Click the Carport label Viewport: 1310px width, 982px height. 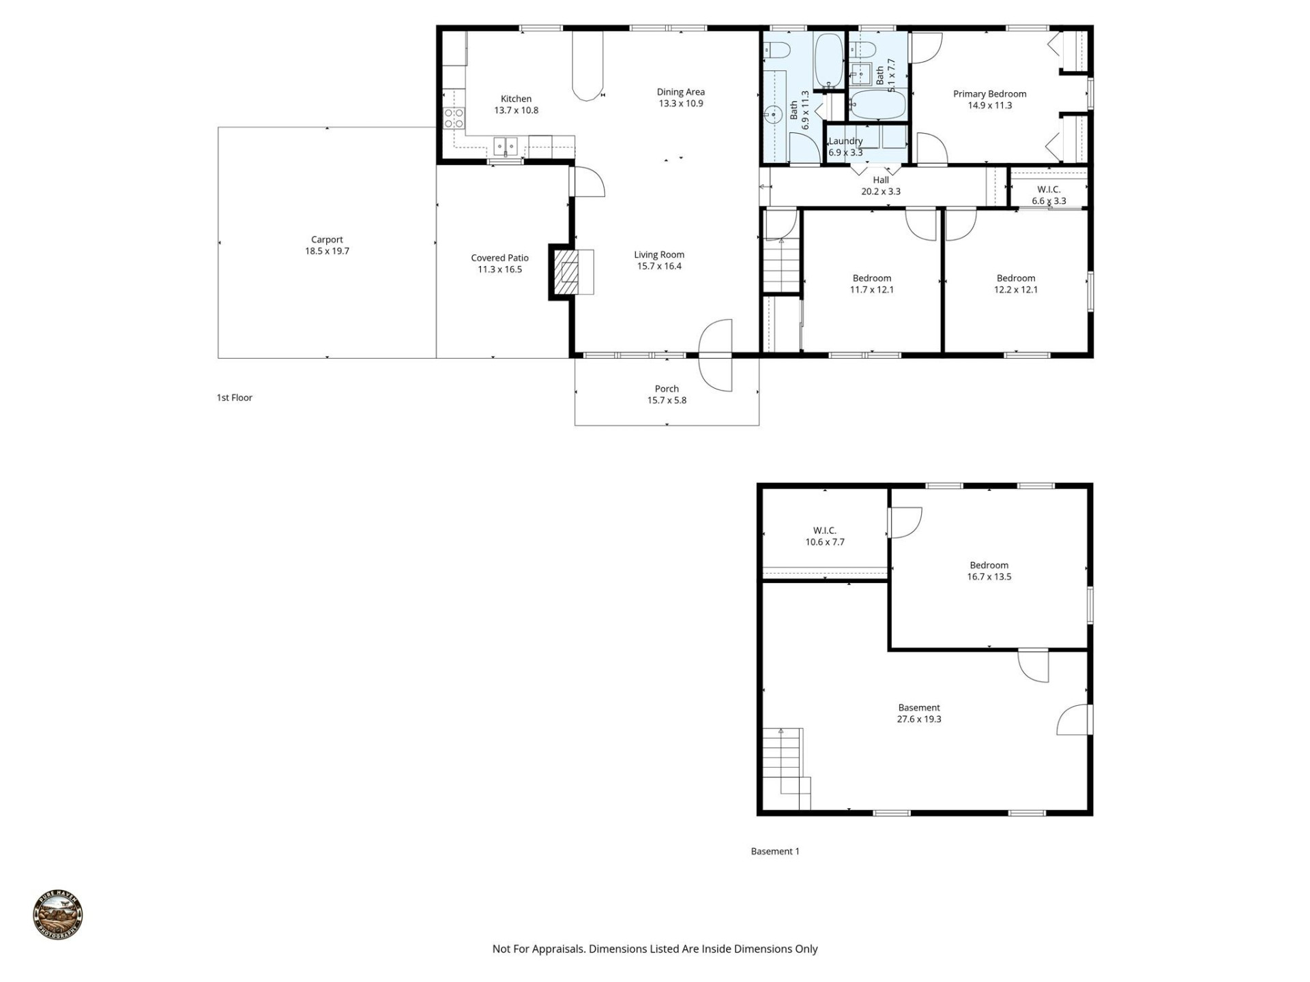[327, 239]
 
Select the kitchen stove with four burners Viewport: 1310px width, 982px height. [454, 119]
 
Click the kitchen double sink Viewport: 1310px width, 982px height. [506, 146]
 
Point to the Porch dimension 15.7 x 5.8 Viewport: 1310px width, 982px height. [667, 400]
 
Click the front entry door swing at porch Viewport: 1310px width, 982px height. [715, 355]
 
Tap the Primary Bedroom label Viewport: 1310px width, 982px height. [989, 94]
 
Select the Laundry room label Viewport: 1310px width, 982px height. [845, 141]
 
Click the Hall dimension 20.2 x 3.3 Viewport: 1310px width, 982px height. [880, 192]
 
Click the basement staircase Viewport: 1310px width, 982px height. [785, 767]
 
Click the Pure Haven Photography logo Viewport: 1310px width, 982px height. [58, 915]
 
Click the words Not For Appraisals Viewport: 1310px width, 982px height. [538, 949]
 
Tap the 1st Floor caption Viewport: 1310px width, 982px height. [234, 398]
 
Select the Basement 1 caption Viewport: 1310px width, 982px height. [774, 851]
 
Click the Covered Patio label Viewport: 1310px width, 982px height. [499, 258]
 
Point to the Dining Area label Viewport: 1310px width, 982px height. [680, 92]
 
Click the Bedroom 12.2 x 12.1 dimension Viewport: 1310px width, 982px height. [1015, 290]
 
